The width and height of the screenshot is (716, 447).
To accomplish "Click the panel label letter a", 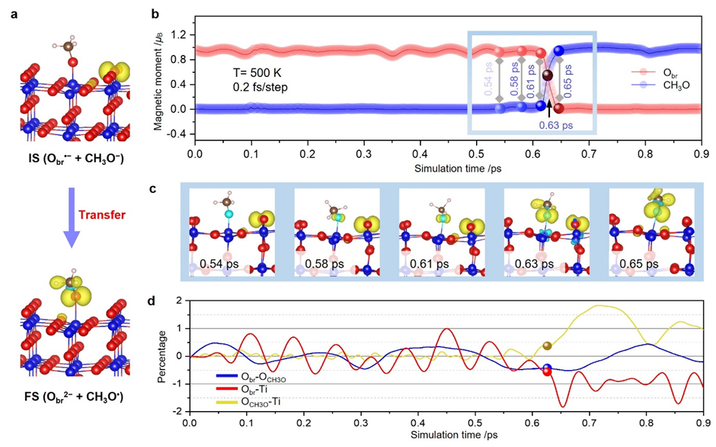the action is coord(15,14).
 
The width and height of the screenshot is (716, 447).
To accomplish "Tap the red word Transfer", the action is coord(102,214).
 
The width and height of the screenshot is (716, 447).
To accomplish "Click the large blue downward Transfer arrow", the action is coord(71,217).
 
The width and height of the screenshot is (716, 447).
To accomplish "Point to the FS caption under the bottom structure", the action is coord(73,396).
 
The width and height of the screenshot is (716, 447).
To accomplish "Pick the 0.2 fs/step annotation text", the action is coord(260,88).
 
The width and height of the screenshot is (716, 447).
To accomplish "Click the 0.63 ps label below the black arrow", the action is coord(555,125).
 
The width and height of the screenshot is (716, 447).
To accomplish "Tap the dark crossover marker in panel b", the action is coord(547,76).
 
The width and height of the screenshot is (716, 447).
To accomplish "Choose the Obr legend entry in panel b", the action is coord(655,72).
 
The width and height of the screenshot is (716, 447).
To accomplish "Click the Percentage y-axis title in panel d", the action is coord(161,357).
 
